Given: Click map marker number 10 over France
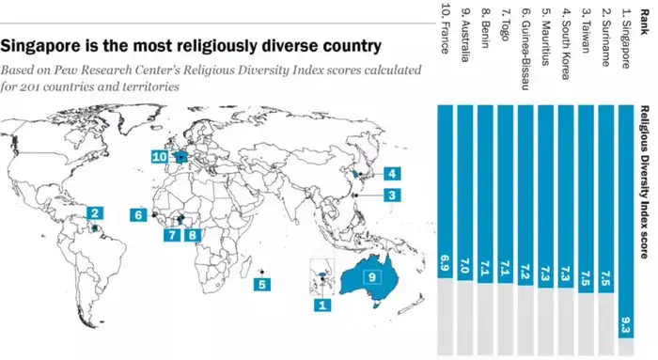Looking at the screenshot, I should click(x=159, y=157).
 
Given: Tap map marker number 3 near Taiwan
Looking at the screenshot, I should click(x=392, y=194).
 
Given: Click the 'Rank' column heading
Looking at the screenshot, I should click(x=649, y=17).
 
